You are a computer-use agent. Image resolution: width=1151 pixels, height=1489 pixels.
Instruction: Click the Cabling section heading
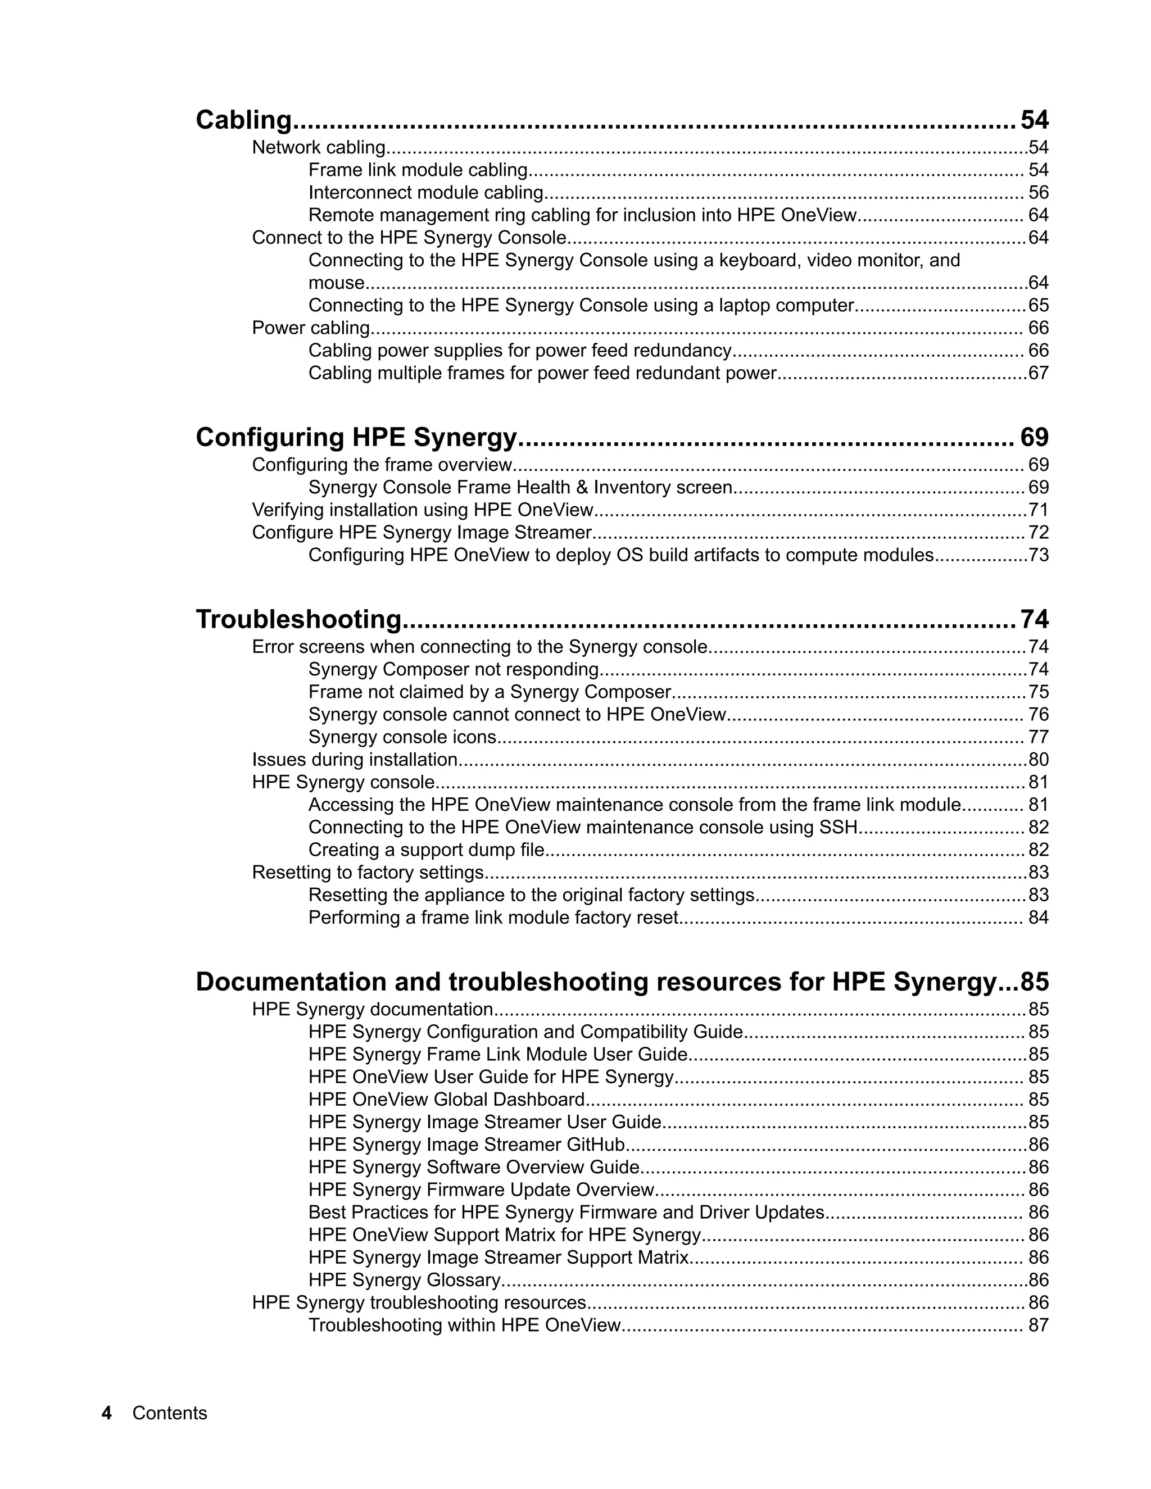[243, 120]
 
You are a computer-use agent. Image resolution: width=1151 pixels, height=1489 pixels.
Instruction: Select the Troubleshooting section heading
[298, 619]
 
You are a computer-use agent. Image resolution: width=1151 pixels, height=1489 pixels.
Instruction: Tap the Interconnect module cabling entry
[425, 192]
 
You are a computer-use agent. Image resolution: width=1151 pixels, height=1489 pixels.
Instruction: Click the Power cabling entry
[311, 328]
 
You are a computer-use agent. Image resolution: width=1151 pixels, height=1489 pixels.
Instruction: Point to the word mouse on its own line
[336, 283]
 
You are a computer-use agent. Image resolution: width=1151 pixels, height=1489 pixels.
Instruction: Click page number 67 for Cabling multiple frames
[1038, 373]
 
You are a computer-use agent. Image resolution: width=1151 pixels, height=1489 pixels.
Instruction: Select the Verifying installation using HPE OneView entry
[423, 510]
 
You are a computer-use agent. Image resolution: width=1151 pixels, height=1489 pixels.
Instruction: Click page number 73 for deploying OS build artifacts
[1038, 555]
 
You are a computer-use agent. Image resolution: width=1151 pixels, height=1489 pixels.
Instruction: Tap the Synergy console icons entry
[402, 737]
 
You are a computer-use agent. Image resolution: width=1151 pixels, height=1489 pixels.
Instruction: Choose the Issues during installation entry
[355, 760]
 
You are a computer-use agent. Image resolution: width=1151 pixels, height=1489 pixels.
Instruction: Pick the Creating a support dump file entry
[426, 850]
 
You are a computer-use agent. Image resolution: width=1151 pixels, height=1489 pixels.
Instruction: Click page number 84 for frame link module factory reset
[1038, 917]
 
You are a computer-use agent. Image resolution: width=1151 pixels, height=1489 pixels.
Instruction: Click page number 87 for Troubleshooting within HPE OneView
[1038, 1325]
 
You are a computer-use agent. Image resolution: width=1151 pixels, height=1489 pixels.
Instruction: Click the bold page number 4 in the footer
[106, 1413]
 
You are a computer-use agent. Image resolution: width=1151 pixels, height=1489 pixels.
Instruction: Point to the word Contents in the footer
[169, 1413]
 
